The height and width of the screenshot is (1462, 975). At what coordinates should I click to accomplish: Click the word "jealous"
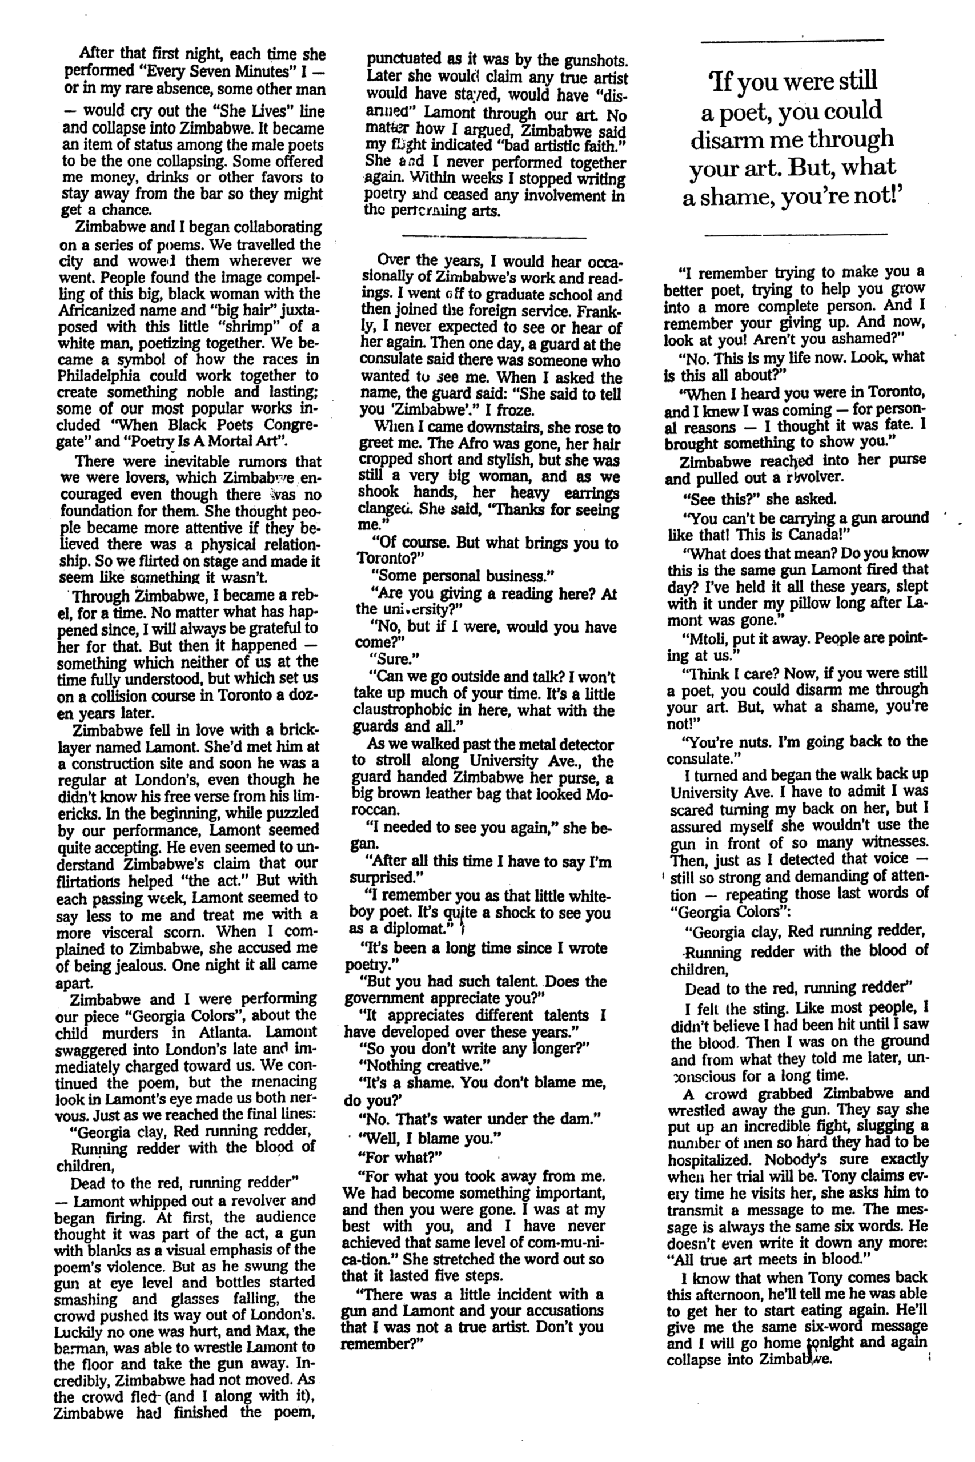tap(143, 965)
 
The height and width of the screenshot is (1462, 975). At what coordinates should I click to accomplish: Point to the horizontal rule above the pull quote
tap(792, 41)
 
